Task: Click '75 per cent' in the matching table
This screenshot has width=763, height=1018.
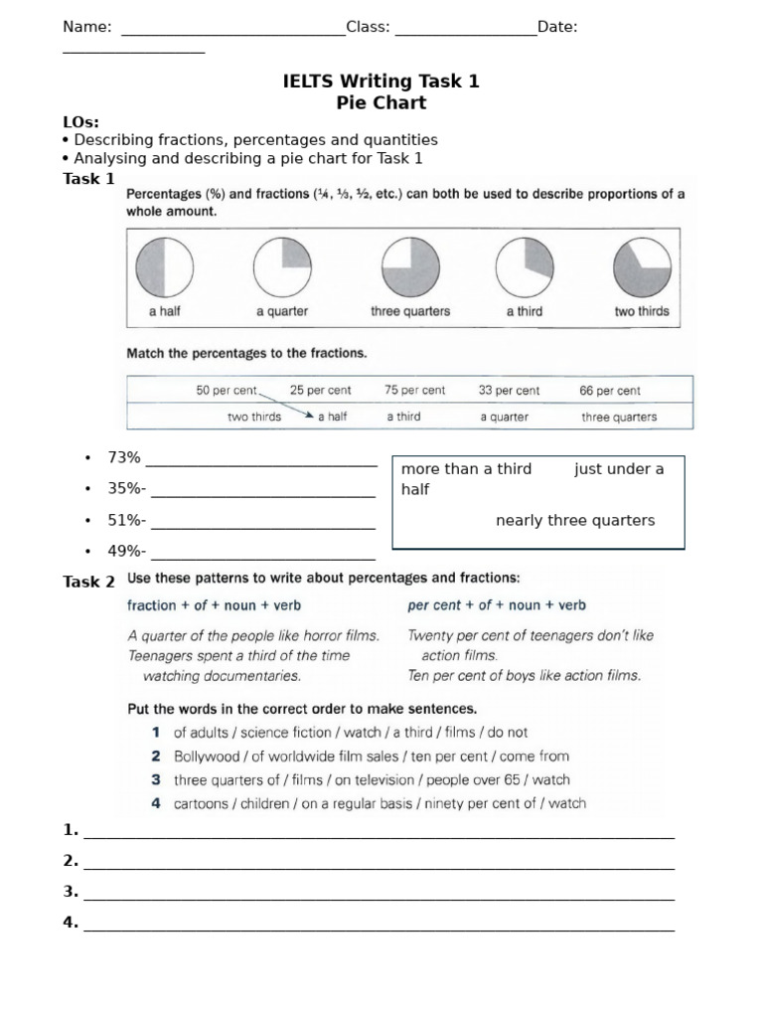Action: click(414, 391)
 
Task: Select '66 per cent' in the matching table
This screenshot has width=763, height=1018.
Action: click(610, 391)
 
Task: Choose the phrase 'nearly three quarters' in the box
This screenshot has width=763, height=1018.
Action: click(575, 521)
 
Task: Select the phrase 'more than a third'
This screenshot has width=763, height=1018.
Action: click(466, 469)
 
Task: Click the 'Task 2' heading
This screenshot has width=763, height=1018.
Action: click(89, 582)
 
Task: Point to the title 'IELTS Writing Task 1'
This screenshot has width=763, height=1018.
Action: click(381, 82)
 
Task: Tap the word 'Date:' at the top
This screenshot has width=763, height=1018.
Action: click(557, 27)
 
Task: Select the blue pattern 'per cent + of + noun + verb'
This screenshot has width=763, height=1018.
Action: click(497, 604)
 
